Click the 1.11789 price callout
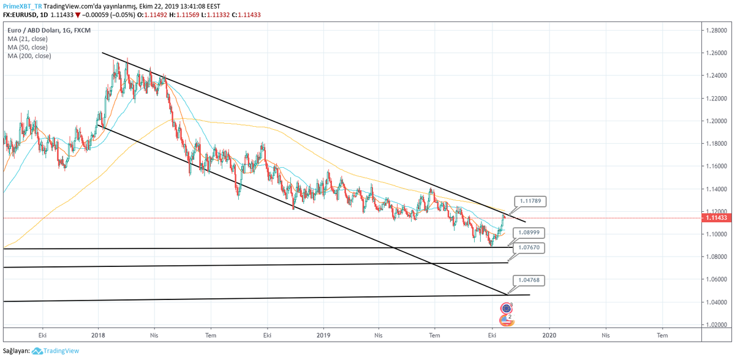[x=529, y=200]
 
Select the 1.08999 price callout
[x=529, y=233]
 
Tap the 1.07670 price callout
[x=529, y=247]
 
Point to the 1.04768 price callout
[x=529, y=279]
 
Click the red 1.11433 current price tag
[x=717, y=218]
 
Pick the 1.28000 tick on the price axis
[x=718, y=30]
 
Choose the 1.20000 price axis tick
[x=718, y=121]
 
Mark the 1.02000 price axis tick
[x=718, y=324]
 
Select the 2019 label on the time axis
[x=324, y=336]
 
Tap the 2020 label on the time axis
[x=549, y=336]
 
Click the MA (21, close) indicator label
[x=28, y=39]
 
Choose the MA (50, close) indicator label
[x=28, y=47]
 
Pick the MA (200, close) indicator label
[x=29, y=56]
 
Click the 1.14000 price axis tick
[x=718, y=189]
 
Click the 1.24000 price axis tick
[x=718, y=75]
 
